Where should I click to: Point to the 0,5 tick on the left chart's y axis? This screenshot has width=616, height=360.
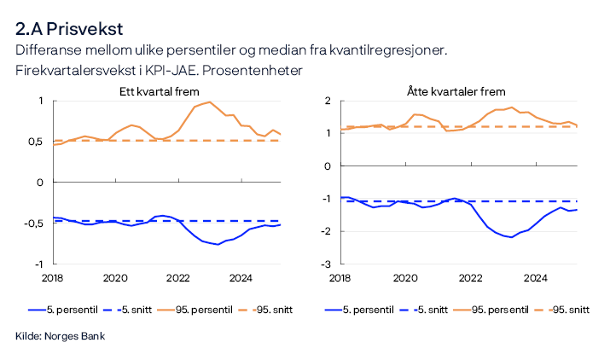coord(34,142)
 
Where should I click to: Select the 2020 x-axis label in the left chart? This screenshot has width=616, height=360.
coord(115,277)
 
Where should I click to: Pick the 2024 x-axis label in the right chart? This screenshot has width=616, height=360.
coord(535,277)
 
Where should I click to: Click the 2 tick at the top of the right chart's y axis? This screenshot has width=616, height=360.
coord(327,101)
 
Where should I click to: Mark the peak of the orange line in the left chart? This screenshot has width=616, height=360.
coord(210,102)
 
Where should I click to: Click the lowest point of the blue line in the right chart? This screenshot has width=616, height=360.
coord(512,237)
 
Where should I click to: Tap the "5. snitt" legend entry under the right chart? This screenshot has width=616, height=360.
coord(433,309)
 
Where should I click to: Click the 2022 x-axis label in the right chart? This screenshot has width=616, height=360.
coord(470,277)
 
